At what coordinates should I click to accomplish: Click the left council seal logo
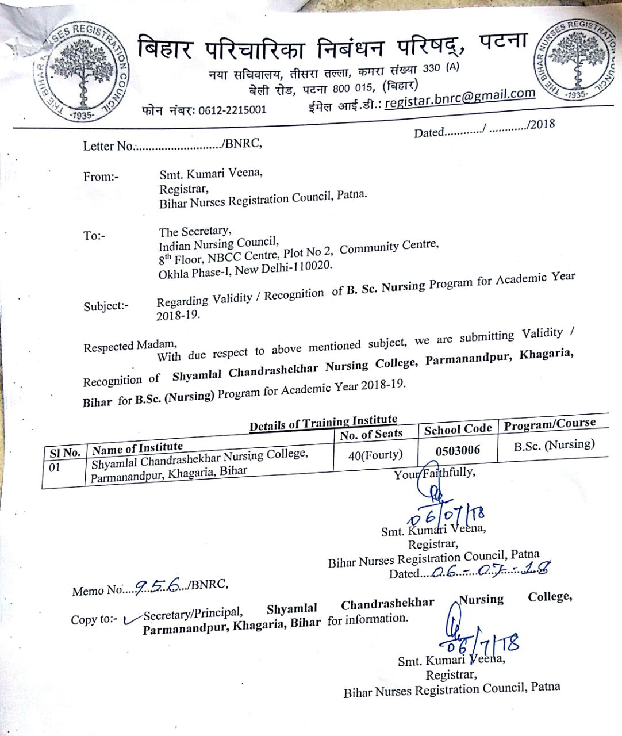pos(81,72)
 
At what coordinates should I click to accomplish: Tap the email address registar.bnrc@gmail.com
pos(460,98)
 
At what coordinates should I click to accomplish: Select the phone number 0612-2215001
pos(232,109)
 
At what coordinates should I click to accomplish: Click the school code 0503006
pos(458,450)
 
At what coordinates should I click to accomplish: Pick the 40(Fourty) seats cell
pos(375,455)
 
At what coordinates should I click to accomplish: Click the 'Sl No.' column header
pos(64,453)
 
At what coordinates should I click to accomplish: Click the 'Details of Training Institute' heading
pos(322,423)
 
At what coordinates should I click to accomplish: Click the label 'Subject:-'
pos(106,306)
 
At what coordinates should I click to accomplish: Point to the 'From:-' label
pos(101,177)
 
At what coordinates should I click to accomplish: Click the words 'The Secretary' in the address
pos(194,231)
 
